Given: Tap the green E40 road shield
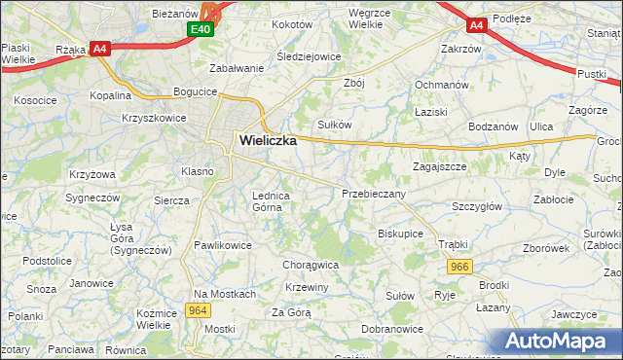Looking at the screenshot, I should click(202, 30).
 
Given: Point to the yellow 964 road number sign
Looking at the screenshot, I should click(199, 310).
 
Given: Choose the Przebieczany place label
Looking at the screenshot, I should click(374, 194).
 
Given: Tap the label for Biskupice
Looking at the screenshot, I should click(400, 234).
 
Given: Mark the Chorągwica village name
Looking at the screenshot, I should click(310, 264).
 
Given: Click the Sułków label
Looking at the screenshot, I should click(335, 124).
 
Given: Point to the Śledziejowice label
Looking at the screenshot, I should click(309, 56).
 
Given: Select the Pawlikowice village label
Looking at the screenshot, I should click(223, 245).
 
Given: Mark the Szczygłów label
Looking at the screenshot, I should click(477, 206).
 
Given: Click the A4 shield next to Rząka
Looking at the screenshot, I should click(99, 49).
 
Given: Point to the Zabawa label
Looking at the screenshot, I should click(238, 68).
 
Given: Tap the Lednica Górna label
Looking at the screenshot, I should click(273, 200).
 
